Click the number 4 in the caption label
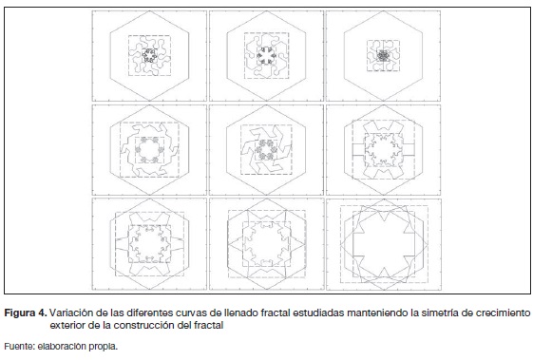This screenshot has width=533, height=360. click(43, 313)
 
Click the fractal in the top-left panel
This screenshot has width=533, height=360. click(149, 55)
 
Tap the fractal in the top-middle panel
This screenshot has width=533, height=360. click(266, 55)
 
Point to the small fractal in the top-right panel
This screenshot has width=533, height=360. click(384, 55)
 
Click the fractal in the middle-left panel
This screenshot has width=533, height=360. click(149, 150)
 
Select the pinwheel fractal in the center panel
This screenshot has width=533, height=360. click(266, 150)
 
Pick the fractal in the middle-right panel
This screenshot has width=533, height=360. click(384, 150)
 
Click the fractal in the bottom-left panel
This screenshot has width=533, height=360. click(149, 244)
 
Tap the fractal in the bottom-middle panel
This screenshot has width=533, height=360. click(266, 244)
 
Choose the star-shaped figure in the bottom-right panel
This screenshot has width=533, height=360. click(384, 244)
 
